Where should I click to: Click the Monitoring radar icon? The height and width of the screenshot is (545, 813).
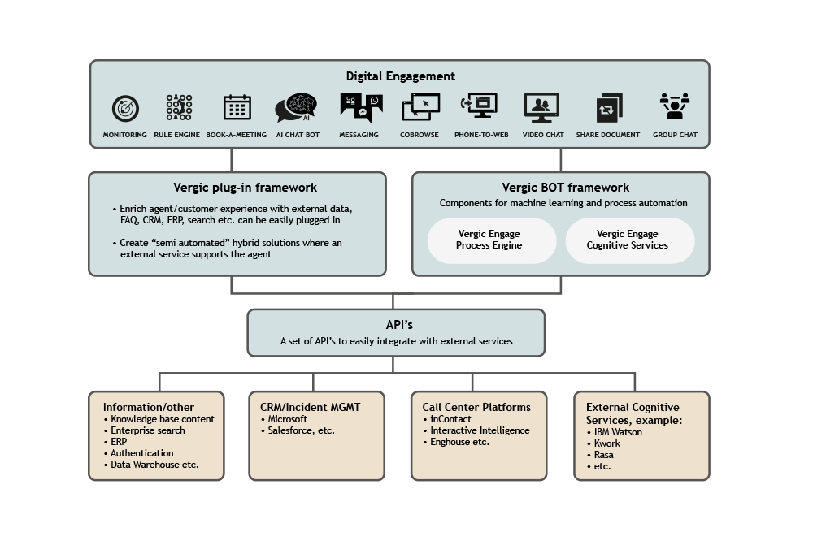[x=125, y=108]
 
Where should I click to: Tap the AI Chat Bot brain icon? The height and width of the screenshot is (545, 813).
[x=296, y=108]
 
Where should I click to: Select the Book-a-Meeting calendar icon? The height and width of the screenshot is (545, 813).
[x=237, y=107]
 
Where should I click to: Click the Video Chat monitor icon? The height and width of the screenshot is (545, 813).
[x=541, y=108]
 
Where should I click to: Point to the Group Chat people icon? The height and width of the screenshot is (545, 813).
[x=675, y=106]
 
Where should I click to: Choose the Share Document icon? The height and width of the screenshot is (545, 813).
[x=609, y=108]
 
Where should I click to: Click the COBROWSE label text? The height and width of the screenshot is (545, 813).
[x=419, y=135]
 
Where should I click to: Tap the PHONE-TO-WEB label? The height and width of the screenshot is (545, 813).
[x=481, y=135]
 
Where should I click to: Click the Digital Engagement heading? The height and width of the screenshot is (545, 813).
[x=400, y=76]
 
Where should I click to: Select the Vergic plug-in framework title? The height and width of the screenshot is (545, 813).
[x=245, y=188]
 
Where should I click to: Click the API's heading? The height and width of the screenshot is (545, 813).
[x=399, y=325]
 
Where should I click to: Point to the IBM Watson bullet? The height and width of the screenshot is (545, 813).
[x=615, y=432]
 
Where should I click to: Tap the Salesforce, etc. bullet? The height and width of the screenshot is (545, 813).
[x=298, y=430]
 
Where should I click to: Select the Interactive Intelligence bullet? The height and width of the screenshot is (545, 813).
[x=476, y=430]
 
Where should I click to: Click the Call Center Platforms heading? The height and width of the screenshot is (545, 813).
[x=476, y=407]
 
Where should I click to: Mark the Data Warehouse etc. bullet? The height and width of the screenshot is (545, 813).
[x=151, y=465]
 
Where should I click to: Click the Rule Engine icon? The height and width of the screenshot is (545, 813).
[x=179, y=107]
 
